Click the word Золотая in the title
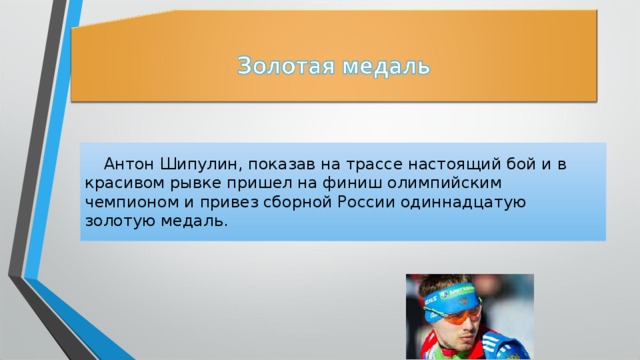[x=283, y=68]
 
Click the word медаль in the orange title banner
[x=384, y=68]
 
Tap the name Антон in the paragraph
[x=129, y=163]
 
